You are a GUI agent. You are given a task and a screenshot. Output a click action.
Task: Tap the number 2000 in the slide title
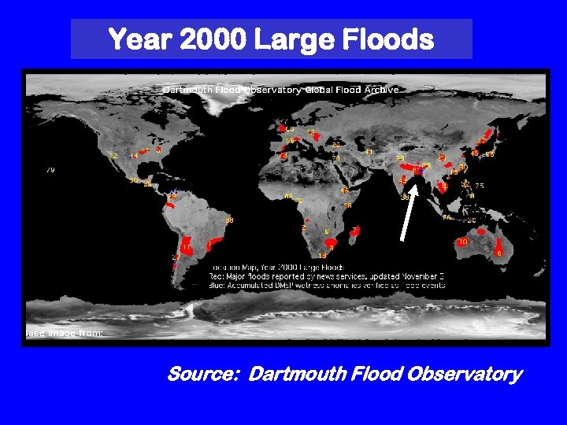tap(209, 39)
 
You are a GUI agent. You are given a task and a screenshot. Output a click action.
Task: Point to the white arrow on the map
tap(406, 213)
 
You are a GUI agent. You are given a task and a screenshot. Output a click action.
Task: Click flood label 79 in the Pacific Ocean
tap(50, 170)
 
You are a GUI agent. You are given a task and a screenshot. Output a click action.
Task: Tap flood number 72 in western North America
tap(113, 156)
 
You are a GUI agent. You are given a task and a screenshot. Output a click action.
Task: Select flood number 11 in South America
tap(186, 248)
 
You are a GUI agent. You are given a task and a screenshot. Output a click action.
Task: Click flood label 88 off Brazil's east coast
tap(229, 220)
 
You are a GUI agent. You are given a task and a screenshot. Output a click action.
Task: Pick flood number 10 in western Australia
tap(462, 242)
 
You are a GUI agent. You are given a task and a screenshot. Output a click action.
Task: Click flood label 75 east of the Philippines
tap(480, 186)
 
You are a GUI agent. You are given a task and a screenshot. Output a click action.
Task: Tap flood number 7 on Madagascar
tap(354, 231)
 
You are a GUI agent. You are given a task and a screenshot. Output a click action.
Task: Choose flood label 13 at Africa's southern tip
tap(321, 256)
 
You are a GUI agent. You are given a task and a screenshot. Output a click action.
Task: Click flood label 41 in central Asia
tap(369, 153)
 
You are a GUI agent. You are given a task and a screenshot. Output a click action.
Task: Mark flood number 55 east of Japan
tap(490, 155)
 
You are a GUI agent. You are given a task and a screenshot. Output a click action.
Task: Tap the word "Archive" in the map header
tap(382, 91)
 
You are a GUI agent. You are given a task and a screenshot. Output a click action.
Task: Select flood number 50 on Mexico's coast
tap(134, 181)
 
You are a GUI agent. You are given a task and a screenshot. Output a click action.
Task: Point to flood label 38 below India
tap(404, 198)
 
